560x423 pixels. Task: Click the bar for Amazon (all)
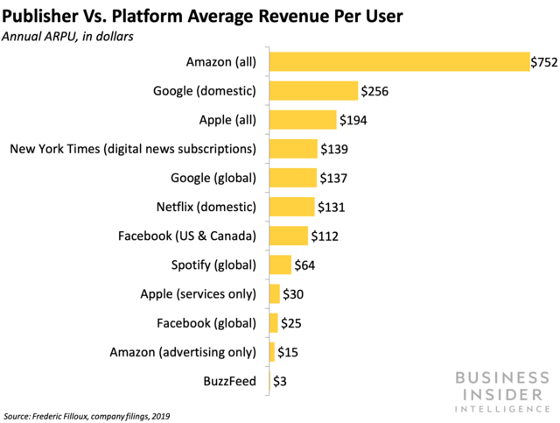[399, 61]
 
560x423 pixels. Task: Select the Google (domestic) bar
[313, 90]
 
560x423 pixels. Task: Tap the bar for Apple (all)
[302, 120]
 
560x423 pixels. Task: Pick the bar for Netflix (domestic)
[291, 207]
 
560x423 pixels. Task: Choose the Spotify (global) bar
[280, 264]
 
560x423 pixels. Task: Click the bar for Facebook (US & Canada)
[288, 236]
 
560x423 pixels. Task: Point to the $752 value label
[543, 61]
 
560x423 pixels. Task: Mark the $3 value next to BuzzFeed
[280, 381]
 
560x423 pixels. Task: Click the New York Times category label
[132, 149]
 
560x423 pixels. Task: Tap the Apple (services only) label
[198, 293]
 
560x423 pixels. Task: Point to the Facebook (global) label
[206, 323]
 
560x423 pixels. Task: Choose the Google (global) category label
[213, 178]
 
